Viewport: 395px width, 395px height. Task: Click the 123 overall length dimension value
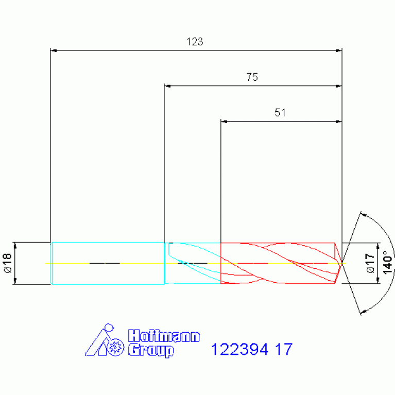(195, 42)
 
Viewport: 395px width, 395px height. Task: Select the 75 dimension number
(252, 77)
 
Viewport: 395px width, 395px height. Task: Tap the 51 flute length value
(280, 113)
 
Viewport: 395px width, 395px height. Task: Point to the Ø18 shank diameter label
(8, 263)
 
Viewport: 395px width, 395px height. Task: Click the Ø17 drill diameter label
(370, 263)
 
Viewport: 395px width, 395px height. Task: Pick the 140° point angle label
(387, 262)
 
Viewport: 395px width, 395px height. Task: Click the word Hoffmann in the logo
(164, 336)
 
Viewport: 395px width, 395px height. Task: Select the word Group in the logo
(151, 350)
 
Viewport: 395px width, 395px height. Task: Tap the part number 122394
(239, 349)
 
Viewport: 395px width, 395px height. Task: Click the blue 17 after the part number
(284, 349)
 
